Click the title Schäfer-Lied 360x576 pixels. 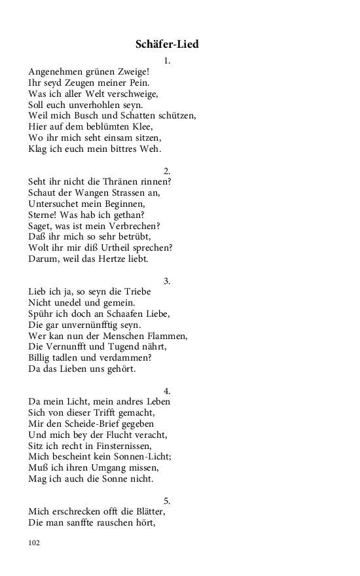pyautogui.click(x=167, y=45)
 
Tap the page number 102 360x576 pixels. pyautogui.click(x=35, y=543)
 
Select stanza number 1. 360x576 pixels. pyautogui.click(x=167, y=60)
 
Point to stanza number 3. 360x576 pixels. pyautogui.click(x=167, y=281)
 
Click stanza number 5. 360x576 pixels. pyautogui.click(x=167, y=501)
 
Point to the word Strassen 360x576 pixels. pyautogui.click(x=131, y=193)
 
